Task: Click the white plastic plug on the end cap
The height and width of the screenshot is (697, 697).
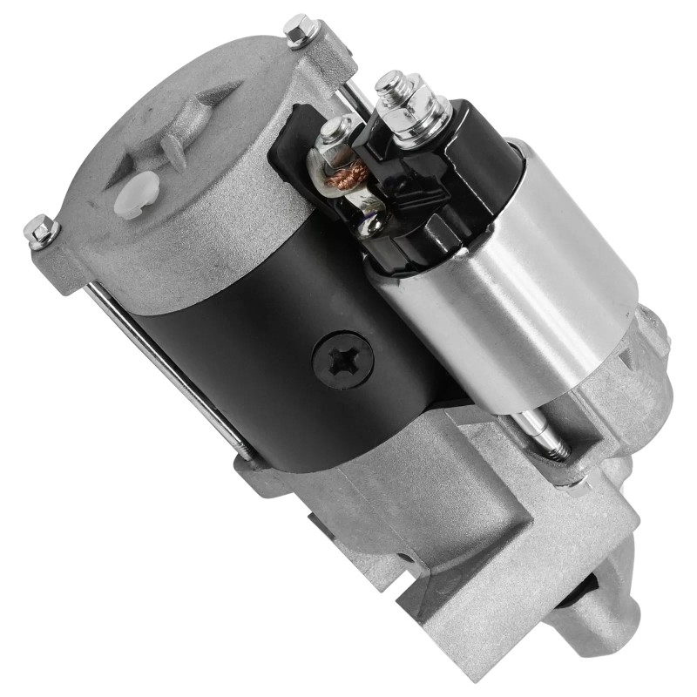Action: (x=137, y=193)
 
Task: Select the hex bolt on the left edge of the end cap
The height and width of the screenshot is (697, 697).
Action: (x=40, y=231)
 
